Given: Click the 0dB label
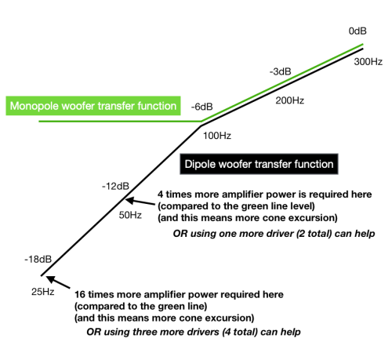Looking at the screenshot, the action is tap(358, 31).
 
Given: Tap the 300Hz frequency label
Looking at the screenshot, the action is tap(368, 62).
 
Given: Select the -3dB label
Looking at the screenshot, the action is tap(280, 71).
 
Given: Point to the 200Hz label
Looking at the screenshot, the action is tap(290, 100).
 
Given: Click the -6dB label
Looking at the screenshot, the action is tap(201, 107).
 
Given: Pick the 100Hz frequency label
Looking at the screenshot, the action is tap(217, 136).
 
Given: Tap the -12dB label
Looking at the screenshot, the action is tap(115, 186).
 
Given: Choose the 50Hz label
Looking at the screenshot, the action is tap(130, 215).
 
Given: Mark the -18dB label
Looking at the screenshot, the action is tap(38, 260).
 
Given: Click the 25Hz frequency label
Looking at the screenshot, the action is tap(43, 292).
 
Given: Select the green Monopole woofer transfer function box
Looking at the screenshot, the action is tap(93, 106).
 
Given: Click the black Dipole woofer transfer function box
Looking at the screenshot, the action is tap(259, 164).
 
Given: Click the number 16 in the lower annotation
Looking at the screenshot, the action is tap(80, 295).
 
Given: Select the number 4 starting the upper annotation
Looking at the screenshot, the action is tap(160, 195).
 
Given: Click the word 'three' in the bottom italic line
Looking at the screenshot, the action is tap(144, 332).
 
